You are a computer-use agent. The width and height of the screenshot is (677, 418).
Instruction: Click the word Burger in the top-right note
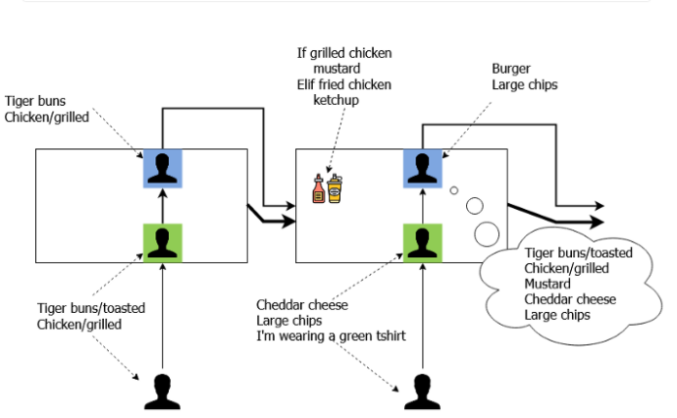(511, 70)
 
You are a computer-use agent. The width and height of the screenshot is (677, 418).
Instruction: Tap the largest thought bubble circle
(486, 235)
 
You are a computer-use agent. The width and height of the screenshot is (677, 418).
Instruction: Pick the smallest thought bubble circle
(454, 191)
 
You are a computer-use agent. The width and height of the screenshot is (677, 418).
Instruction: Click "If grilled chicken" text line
(343, 54)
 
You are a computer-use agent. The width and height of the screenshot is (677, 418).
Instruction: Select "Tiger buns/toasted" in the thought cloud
(579, 252)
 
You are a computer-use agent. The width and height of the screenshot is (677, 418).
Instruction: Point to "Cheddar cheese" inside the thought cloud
(570, 299)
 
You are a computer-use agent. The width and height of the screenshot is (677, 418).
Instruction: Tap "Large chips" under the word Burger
(525, 85)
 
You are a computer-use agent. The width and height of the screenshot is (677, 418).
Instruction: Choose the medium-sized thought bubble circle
(475, 206)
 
